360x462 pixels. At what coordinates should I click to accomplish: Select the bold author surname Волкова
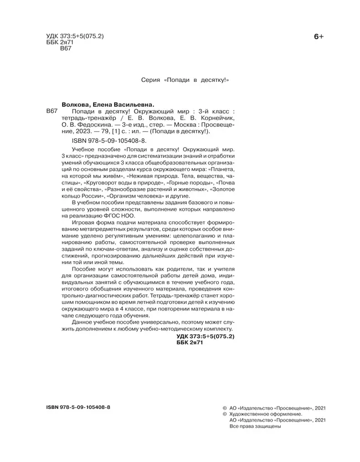tap(75, 103)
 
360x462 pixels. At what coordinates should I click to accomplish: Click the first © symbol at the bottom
tap(223, 407)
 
